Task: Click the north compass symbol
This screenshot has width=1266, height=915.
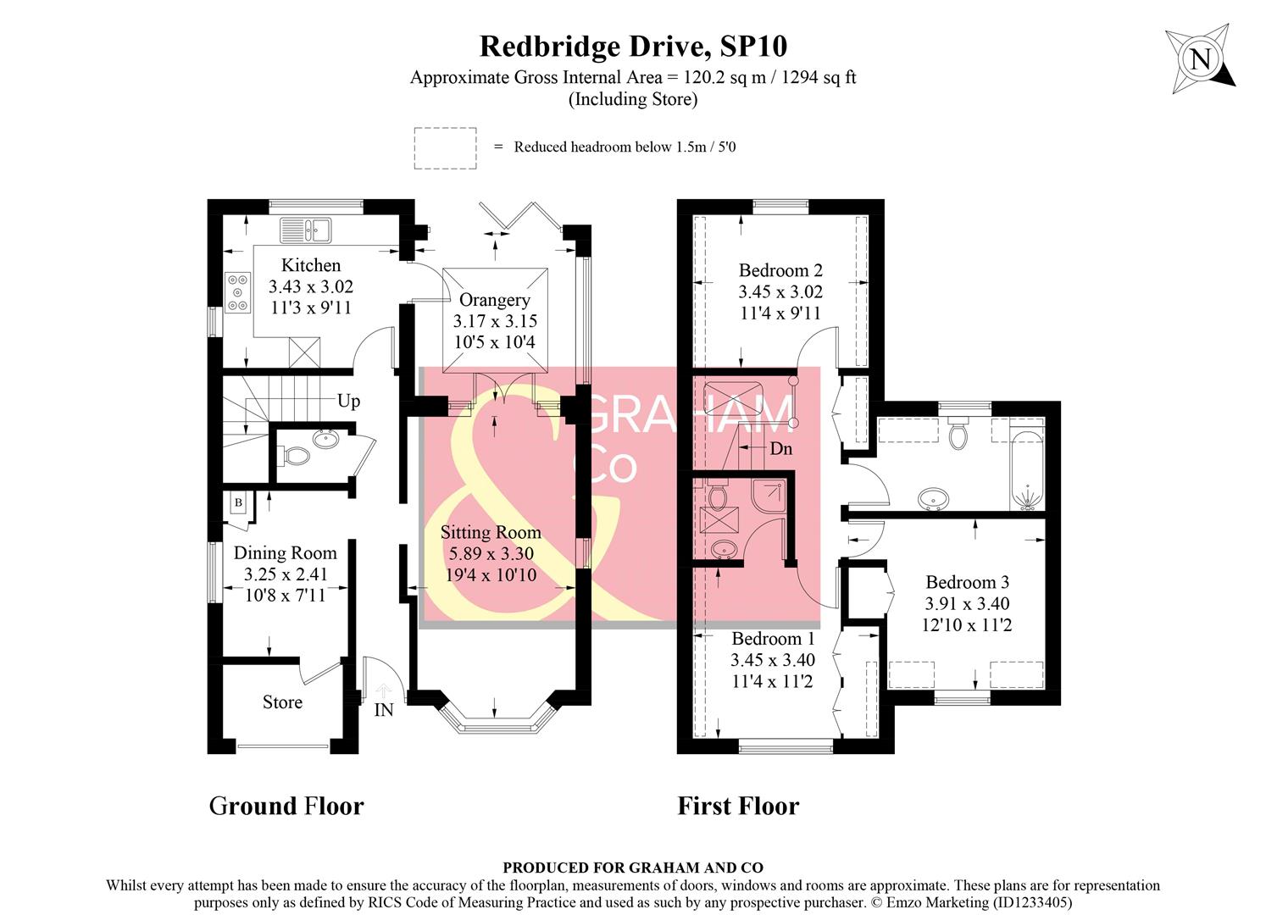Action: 1199,60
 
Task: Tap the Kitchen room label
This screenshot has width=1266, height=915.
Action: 311,265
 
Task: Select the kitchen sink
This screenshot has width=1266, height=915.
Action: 306,230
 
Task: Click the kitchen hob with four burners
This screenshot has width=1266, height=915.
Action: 237,291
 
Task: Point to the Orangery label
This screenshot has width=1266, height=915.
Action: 494,300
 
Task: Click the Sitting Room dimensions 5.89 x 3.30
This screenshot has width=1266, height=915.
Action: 490,554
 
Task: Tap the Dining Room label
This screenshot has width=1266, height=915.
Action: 285,553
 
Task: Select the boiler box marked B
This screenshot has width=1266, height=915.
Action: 238,503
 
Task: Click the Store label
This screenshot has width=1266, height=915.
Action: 282,702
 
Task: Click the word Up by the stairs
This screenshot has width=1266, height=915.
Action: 348,401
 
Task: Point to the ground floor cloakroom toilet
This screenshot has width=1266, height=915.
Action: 295,456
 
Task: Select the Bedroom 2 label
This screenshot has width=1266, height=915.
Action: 780,270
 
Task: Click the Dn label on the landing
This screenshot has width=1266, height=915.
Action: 780,448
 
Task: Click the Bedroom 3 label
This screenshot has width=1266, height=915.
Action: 967,582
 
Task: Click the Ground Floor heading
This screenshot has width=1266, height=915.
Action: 286,806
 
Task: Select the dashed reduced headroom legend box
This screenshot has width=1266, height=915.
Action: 445,148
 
